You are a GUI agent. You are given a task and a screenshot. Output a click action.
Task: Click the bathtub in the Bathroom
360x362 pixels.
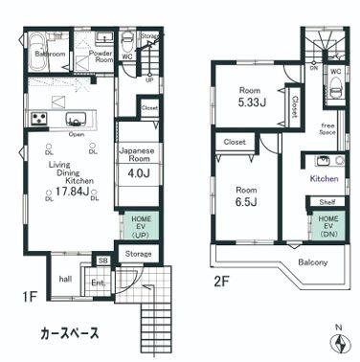pyautogui.click(x=44, y=45)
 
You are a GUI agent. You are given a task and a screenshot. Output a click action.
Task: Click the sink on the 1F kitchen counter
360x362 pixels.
pyautogui.click(x=77, y=119)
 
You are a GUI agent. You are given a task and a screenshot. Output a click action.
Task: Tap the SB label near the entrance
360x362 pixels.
pyautogui.click(x=103, y=260)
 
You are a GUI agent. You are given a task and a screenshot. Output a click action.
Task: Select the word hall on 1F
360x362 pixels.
pyautogui.click(x=65, y=279)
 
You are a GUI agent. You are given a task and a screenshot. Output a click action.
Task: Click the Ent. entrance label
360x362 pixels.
pyautogui.click(x=99, y=283)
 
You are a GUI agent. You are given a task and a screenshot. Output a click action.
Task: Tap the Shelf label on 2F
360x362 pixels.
pyautogui.click(x=326, y=202)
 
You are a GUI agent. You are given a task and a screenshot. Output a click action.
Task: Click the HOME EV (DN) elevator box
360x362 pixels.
pyautogui.click(x=327, y=227)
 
